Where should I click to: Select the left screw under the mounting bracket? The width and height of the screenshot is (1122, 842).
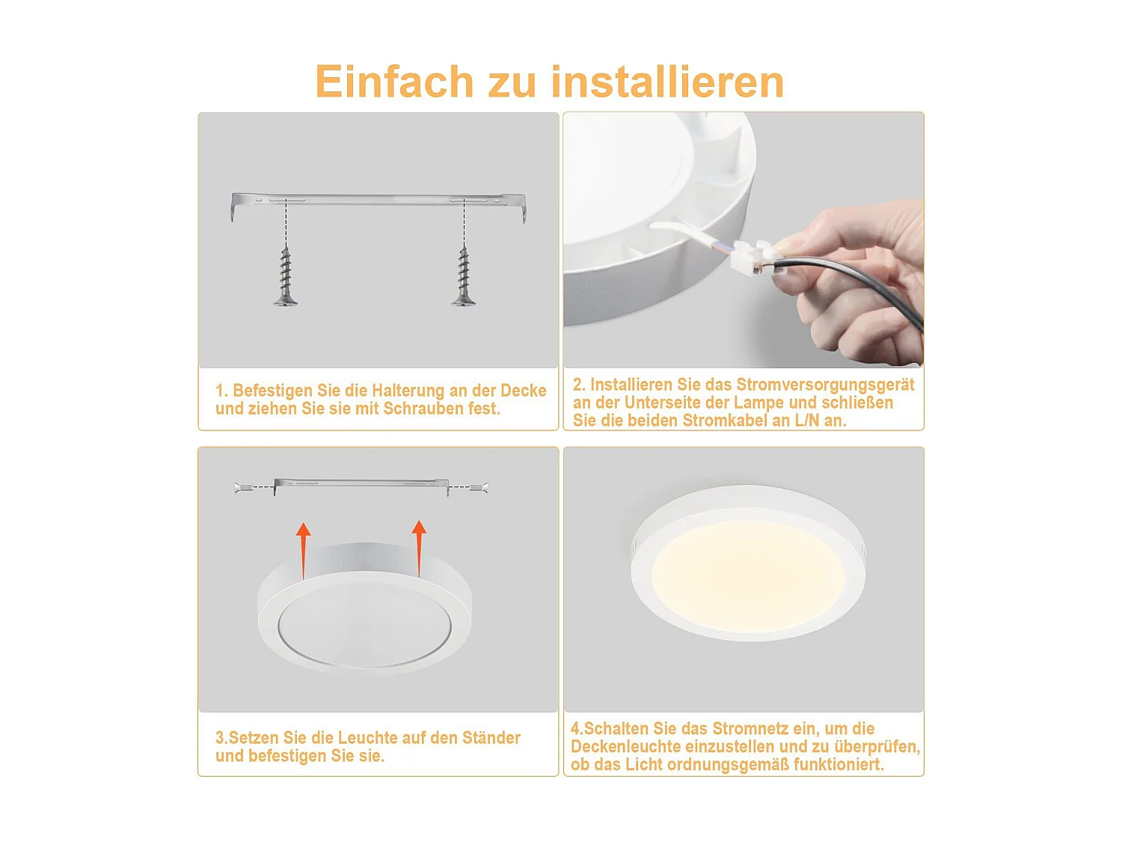point(285,277)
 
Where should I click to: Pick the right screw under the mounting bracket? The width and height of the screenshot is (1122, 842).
point(464,277)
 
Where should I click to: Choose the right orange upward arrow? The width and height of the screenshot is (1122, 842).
point(419,547)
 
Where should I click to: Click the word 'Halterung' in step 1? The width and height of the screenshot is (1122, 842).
point(408,391)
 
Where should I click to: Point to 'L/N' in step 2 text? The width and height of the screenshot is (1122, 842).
point(806,421)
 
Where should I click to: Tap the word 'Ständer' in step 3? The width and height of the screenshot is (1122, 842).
point(491,738)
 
